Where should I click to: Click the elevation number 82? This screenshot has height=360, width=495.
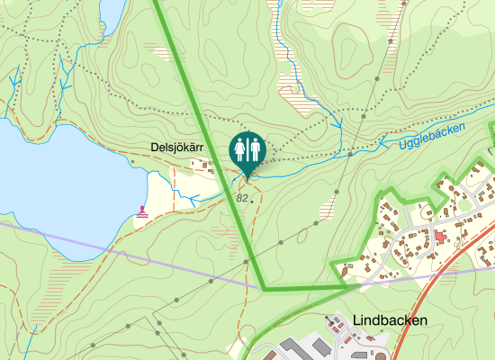coord(241,197)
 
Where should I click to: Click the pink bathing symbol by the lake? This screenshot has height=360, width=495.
coord(142,213)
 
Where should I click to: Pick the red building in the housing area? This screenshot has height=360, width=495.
coord(440,235)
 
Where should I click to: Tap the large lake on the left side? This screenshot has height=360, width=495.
coord(54,189)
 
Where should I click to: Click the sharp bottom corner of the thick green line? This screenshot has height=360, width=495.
coord(265,289)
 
